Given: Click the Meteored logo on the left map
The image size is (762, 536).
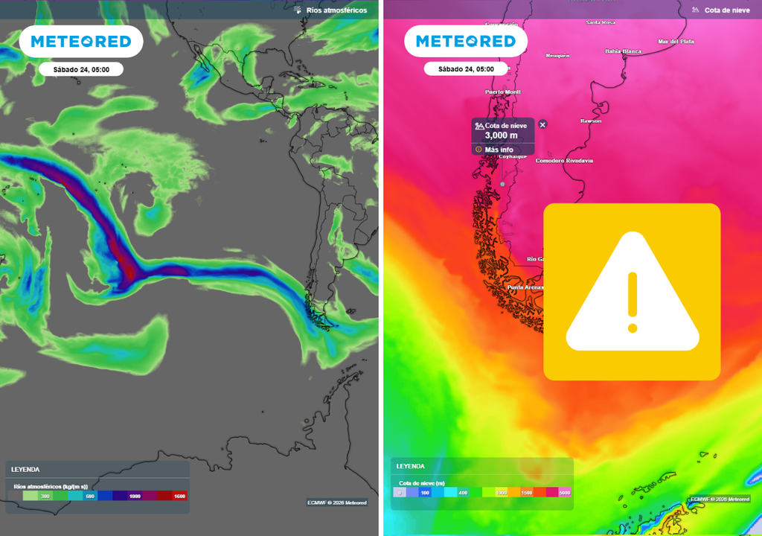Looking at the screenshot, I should [x=81, y=42].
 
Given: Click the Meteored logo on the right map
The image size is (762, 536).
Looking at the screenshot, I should [x=466, y=42].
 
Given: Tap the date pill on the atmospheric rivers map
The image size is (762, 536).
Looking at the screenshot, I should [x=81, y=69].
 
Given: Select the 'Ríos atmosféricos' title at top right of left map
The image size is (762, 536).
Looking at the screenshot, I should [x=336, y=10].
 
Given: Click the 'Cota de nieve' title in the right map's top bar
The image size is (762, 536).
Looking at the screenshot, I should [x=727, y=10].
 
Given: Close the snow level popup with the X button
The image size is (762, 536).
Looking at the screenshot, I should [x=542, y=124].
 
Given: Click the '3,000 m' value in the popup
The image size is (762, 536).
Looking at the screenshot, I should [x=501, y=135].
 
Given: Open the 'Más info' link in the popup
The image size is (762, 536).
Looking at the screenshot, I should [x=499, y=150].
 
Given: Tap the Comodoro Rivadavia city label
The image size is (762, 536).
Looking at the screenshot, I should [x=564, y=161].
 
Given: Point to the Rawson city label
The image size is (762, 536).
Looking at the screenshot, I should [x=591, y=121].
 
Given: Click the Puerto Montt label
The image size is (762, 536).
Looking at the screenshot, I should [x=502, y=92].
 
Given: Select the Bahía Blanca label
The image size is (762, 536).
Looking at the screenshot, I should [x=623, y=51].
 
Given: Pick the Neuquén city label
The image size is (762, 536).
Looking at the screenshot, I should [x=557, y=56].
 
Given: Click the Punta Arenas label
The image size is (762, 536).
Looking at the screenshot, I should [x=525, y=287].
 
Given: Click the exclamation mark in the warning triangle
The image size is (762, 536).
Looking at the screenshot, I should [x=633, y=301].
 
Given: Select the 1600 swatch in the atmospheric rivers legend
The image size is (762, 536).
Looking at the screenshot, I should [x=179, y=496].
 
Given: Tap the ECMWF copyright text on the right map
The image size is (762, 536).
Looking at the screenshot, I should [x=720, y=499].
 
